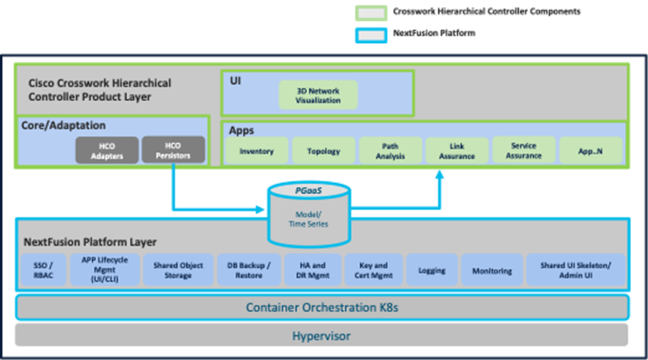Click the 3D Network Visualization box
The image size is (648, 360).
click(318, 95)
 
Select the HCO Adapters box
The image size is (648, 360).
click(107, 150)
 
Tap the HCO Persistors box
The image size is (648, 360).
click(173, 150)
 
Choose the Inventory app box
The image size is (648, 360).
click(256, 151)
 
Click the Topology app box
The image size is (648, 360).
click(323, 151)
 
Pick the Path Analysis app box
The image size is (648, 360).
click(390, 151)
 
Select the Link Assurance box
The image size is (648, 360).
click(457, 151)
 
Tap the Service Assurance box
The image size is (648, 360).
click(523, 150)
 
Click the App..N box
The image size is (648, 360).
click(590, 150)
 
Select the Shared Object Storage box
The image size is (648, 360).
click(178, 270)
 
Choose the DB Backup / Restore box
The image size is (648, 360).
click(249, 270)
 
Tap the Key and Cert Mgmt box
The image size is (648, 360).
click(373, 270)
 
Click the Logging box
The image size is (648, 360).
click(432, 270)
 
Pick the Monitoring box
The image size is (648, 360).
click(492, 271)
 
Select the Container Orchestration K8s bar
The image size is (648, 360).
click(322, 307)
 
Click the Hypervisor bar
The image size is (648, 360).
click(322, 336)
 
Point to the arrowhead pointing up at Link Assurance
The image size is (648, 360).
click(439, 176)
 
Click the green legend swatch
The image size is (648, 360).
click(371, 12)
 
